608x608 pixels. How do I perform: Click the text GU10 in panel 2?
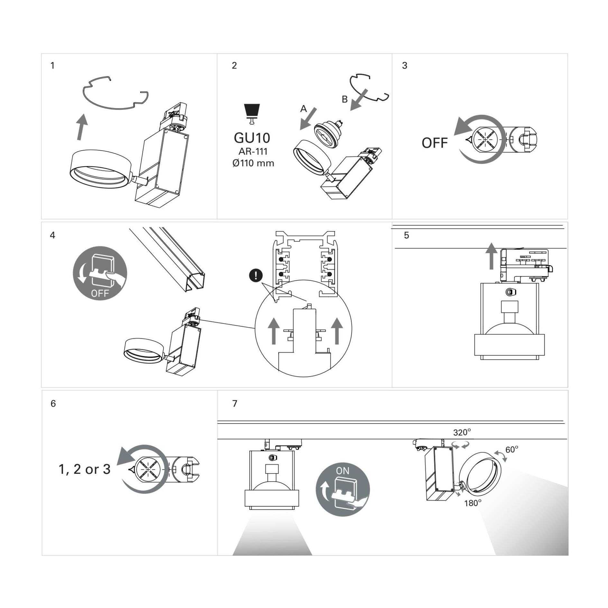coord(252,138)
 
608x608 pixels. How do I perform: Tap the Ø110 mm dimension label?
coord(253,163)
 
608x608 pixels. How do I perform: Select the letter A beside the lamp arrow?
coord(303,109)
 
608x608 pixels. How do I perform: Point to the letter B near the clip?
coord(345,99)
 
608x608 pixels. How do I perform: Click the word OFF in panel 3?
coord(434,143)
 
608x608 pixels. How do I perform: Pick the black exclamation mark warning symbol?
coord(256,275)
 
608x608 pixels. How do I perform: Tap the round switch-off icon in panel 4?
coord(100,273)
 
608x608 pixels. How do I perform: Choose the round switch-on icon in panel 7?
coord(343,490)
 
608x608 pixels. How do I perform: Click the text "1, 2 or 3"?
coord(84,469)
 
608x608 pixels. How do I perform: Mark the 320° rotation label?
coord(462,433)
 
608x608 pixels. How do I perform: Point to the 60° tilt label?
coord(511,449)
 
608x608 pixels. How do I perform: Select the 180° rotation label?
coord(473,503)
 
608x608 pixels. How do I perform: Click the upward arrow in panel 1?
coord(82,127)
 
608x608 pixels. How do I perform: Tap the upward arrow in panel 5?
coord(491,256)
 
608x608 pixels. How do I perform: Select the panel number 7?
coord(235,403)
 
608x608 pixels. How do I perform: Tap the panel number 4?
coord(52,235)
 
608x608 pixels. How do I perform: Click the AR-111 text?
coord(253,151)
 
